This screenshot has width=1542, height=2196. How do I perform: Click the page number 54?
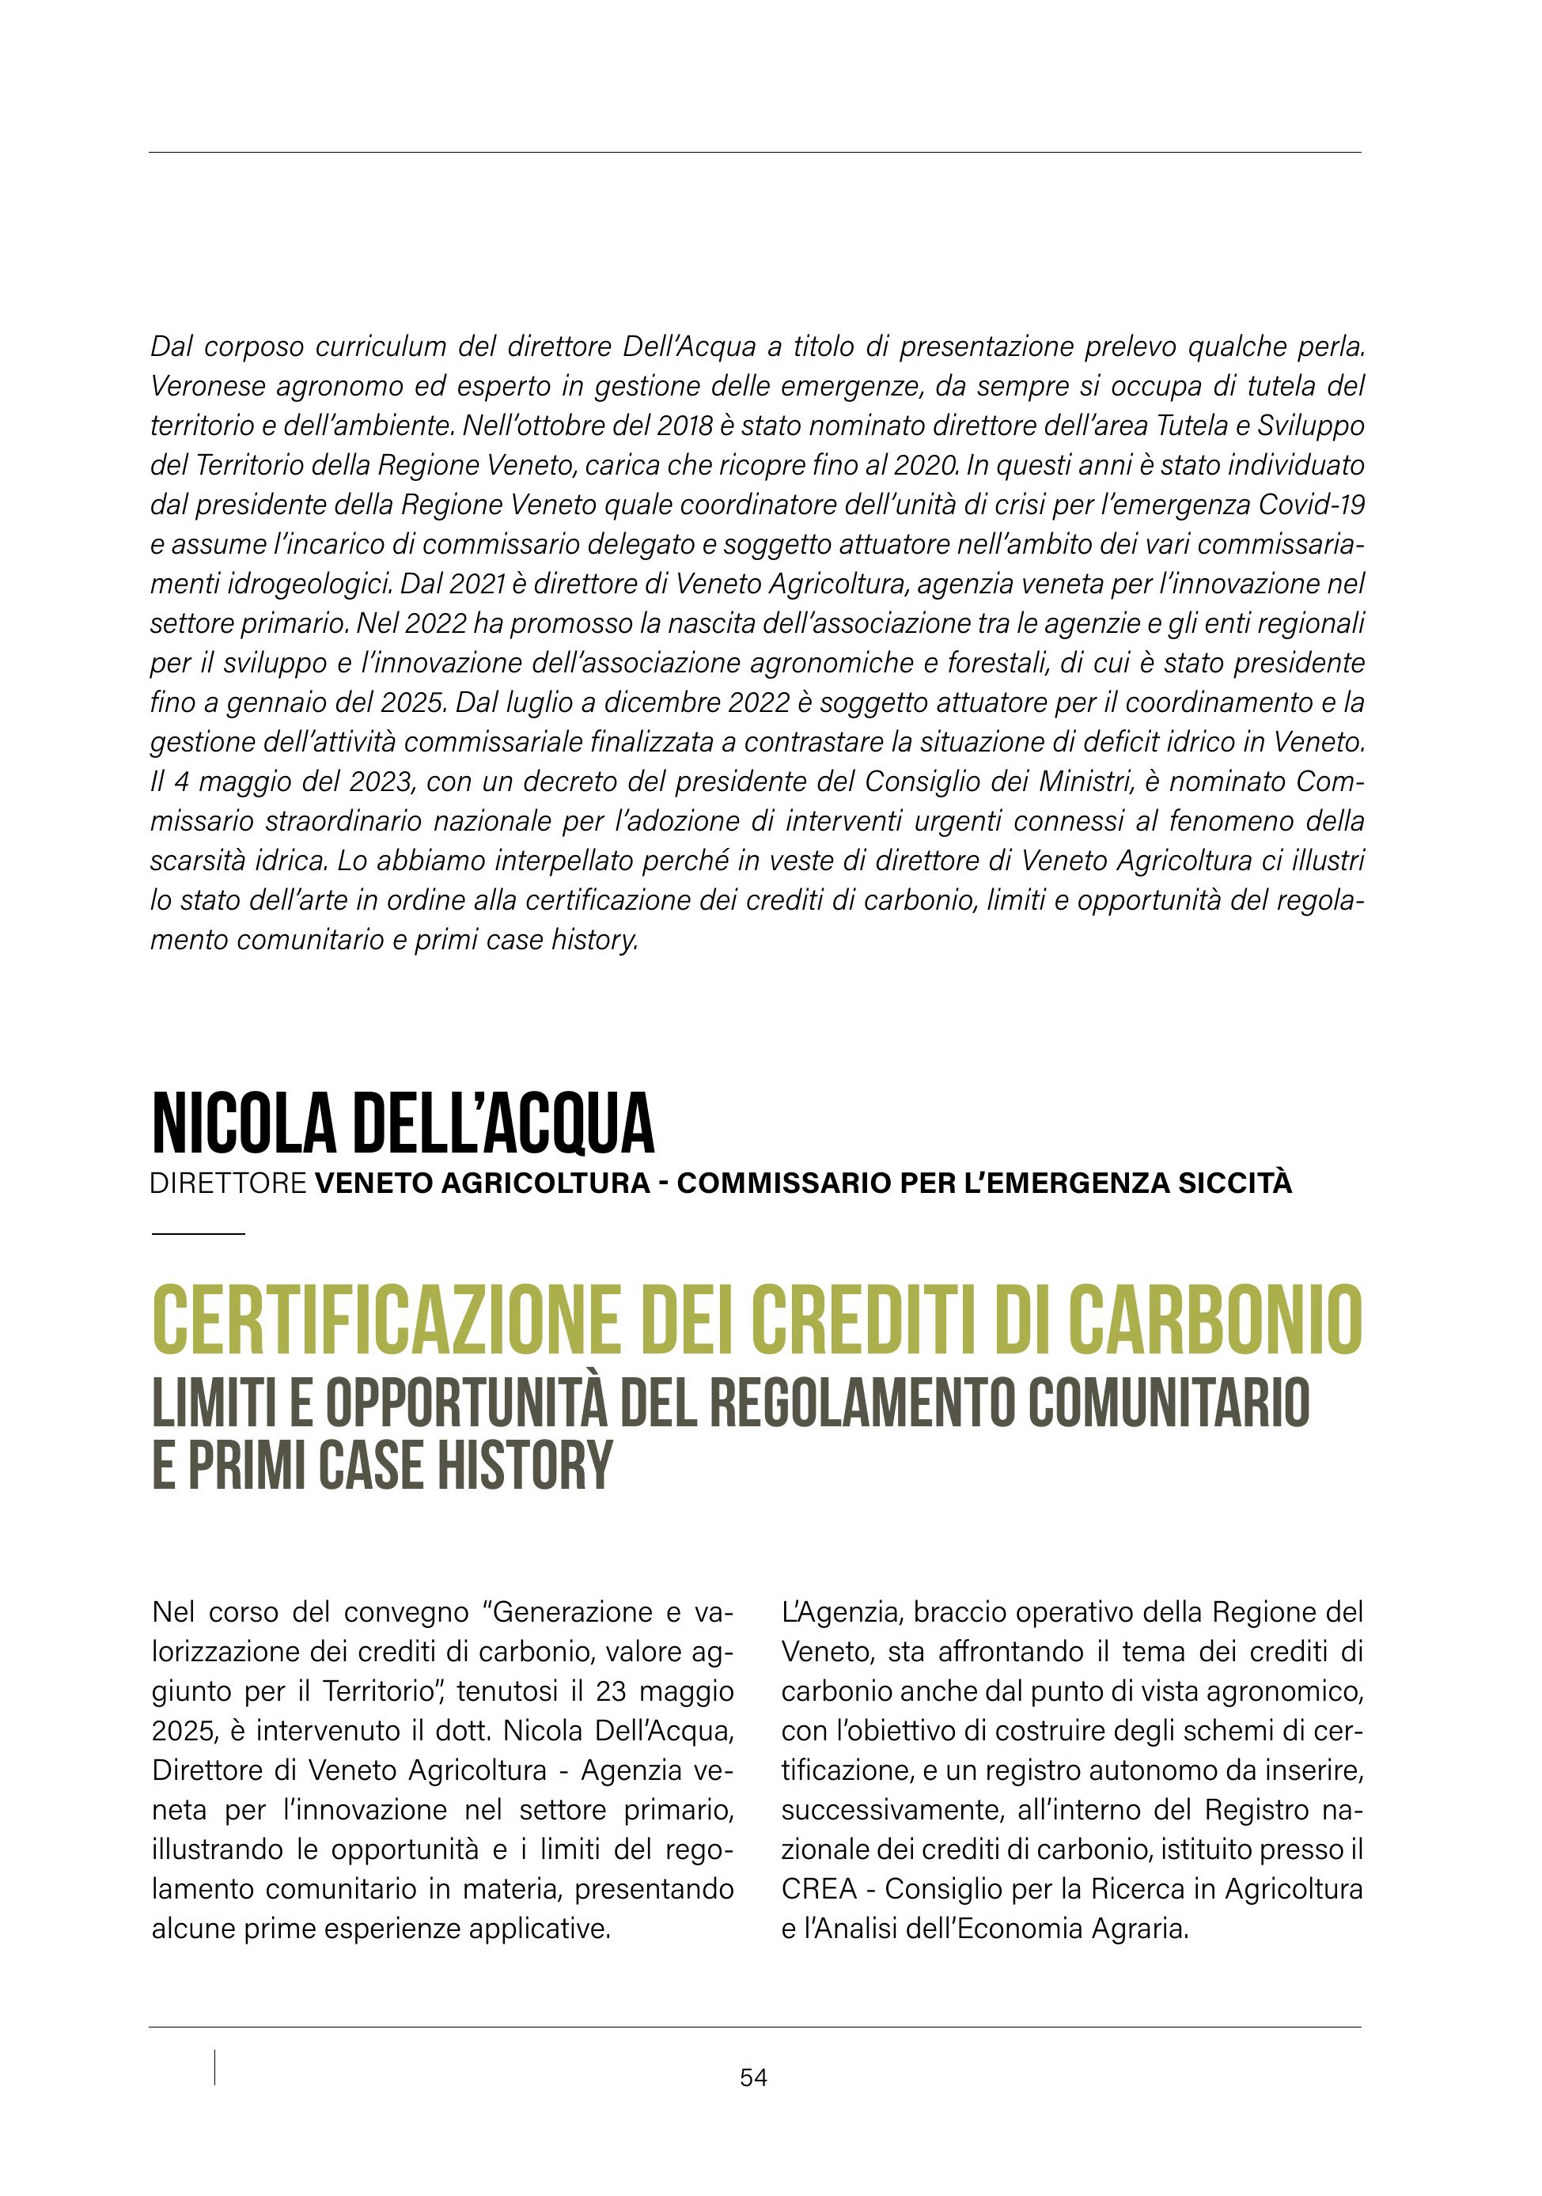(753, 2077)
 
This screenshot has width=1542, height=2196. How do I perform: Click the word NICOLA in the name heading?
(244, 1125)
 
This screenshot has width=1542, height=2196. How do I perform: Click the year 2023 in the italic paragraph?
(380, 782)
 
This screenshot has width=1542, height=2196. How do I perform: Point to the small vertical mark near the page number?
(214, 2067)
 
